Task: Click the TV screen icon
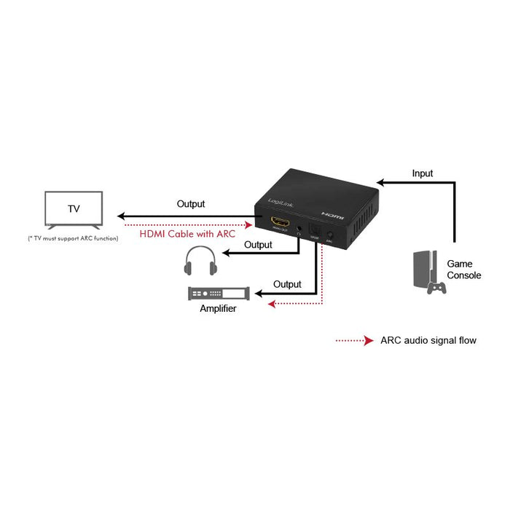coord(74,209)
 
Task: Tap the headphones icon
coord(201,260)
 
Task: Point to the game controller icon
coord(437,287)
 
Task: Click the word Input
coord(422,173)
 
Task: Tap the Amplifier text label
coord(218,309)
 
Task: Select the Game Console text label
coord(464,270)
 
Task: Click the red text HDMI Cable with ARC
coord(187,234)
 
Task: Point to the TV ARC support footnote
coord(73,238)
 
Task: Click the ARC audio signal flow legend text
coord(428,340)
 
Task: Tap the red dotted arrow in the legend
coord(353,340)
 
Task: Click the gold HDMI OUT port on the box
coord(280,221)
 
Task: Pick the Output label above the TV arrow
coord(191,204)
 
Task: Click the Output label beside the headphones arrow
coord(258,245)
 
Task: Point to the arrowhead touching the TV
coord(122,216)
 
